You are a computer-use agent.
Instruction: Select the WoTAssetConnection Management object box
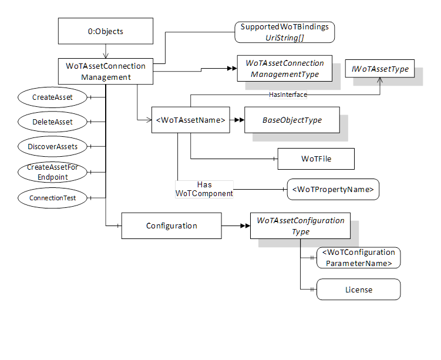pos(106,71)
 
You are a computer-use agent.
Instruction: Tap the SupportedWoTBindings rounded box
pos(285,32)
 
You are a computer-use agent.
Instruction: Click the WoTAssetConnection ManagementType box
pos(284,69)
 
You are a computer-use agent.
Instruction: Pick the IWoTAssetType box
pos(380,69)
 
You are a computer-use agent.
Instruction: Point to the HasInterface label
pos(288,94)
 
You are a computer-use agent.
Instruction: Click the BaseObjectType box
pos(292,120)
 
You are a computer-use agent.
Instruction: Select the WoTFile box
pos(316,159)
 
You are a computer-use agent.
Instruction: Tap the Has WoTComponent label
pos(204,189)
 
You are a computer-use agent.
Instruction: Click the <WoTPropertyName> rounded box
pos(333,189)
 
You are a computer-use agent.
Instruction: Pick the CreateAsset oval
pos(53,96)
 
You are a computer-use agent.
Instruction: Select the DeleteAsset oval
pos(53,122)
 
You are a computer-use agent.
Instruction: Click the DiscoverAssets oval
pos(53,146)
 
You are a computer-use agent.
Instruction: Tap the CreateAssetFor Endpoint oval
pos(53,173)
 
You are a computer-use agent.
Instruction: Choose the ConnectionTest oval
pos(53,198)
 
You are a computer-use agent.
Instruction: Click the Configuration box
pos(171,226)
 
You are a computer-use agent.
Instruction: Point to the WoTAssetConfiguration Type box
pos(300,226)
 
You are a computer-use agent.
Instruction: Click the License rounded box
pos(358,290)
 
